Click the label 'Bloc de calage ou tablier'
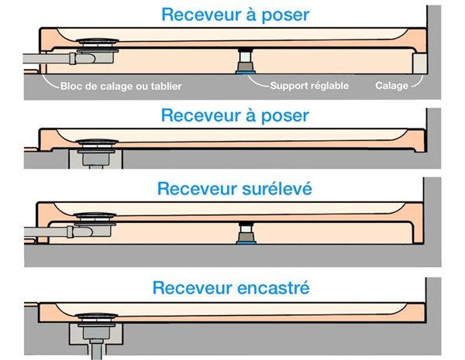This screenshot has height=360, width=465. point(121,86)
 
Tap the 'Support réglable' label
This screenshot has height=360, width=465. point(309,86)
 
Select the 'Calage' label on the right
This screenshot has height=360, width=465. point(391,86)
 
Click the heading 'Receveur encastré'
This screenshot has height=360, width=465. point(232,289)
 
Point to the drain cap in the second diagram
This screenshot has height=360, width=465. point(97,142)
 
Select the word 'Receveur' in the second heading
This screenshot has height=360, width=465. point(198,116)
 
